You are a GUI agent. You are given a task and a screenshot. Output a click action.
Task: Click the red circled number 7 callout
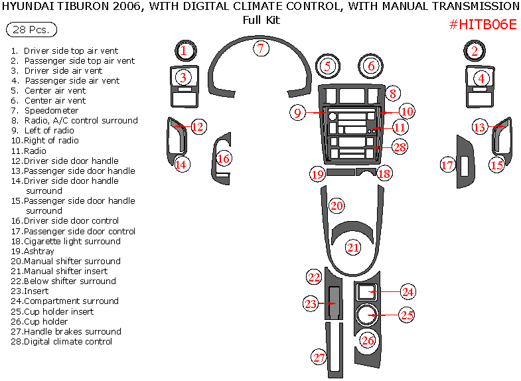tap(261, 48)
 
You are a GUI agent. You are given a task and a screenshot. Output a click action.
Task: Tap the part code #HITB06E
tap(483, 25)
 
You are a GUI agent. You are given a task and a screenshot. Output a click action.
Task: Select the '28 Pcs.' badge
tap(31, 30)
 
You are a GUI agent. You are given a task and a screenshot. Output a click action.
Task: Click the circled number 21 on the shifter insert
tap(352, 248)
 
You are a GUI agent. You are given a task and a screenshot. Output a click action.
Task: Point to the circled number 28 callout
tap(399, 147)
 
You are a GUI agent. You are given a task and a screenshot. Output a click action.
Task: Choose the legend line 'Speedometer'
tap(51, 110)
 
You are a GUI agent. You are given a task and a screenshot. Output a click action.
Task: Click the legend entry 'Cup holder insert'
tap(58, 311)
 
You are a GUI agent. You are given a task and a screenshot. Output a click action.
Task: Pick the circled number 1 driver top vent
tap(185, 50)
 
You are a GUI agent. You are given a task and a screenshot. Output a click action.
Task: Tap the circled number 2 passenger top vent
tap(475, 50)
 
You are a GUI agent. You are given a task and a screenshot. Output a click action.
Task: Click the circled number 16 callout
tap(224, 159)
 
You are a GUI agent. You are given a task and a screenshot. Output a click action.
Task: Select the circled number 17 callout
tap(447, 165)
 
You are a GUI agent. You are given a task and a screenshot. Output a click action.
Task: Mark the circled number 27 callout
tap(320, 357)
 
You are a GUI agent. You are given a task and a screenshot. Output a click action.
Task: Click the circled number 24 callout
tap(408, 291)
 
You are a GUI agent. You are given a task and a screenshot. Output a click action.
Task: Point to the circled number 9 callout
tap(298, 112)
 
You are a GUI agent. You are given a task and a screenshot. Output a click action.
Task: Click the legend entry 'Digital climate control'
tap(68, 341)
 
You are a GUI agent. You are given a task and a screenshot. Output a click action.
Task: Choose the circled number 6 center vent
tap(371, 66)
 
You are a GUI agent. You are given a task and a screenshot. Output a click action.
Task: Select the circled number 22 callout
tap(314, 276)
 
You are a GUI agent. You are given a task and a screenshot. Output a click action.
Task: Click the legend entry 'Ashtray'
tap(39, 251)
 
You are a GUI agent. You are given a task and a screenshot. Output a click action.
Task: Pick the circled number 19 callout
tap(318, 174)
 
